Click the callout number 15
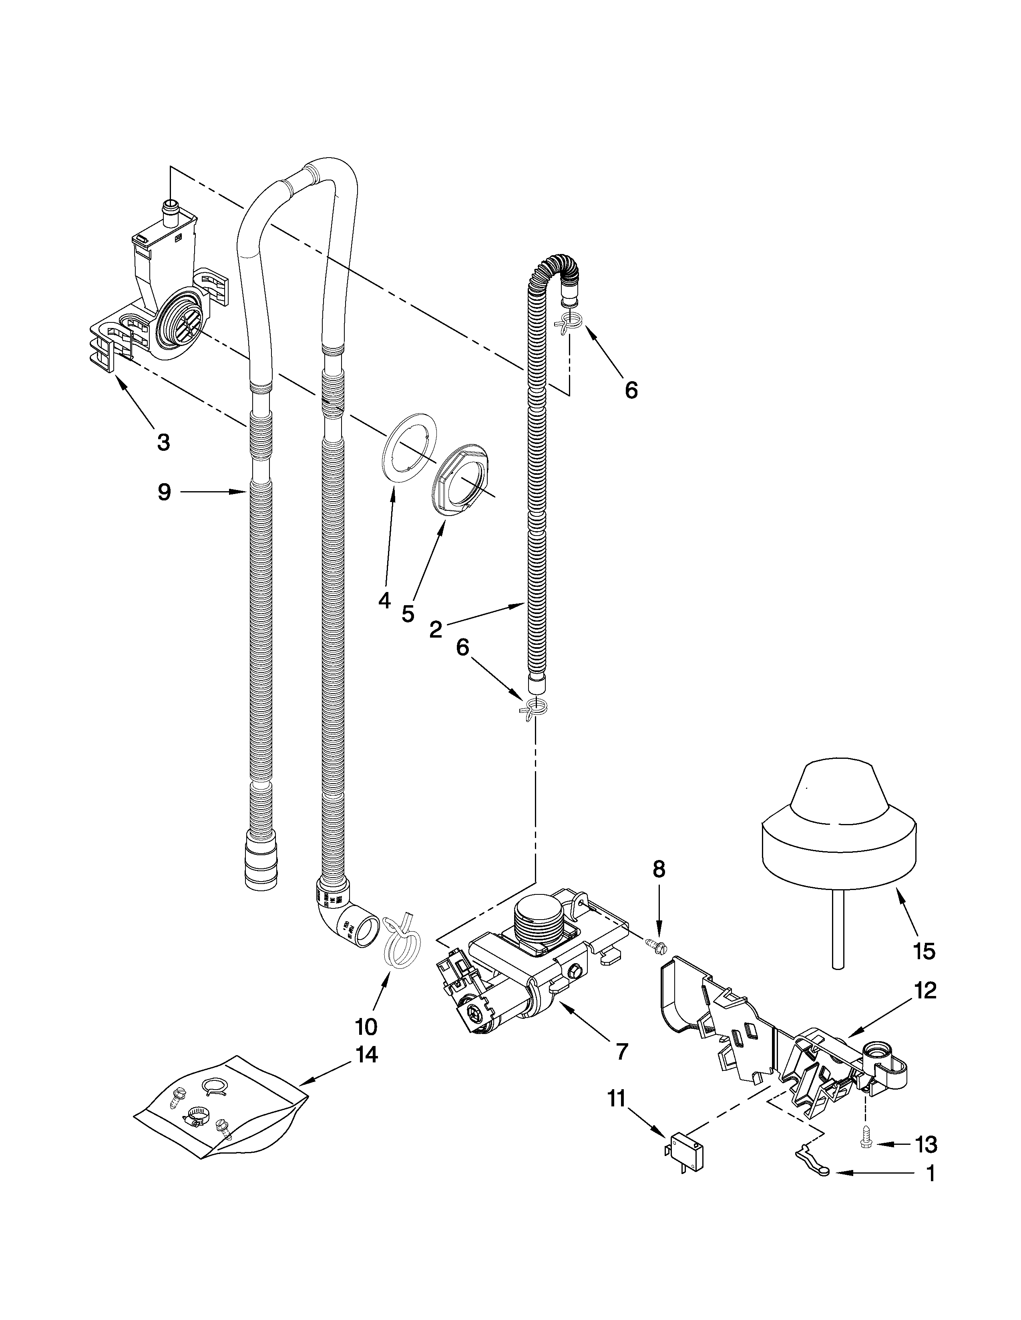[924, 951]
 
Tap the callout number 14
[366, 1055]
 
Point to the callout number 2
[436, 630]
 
